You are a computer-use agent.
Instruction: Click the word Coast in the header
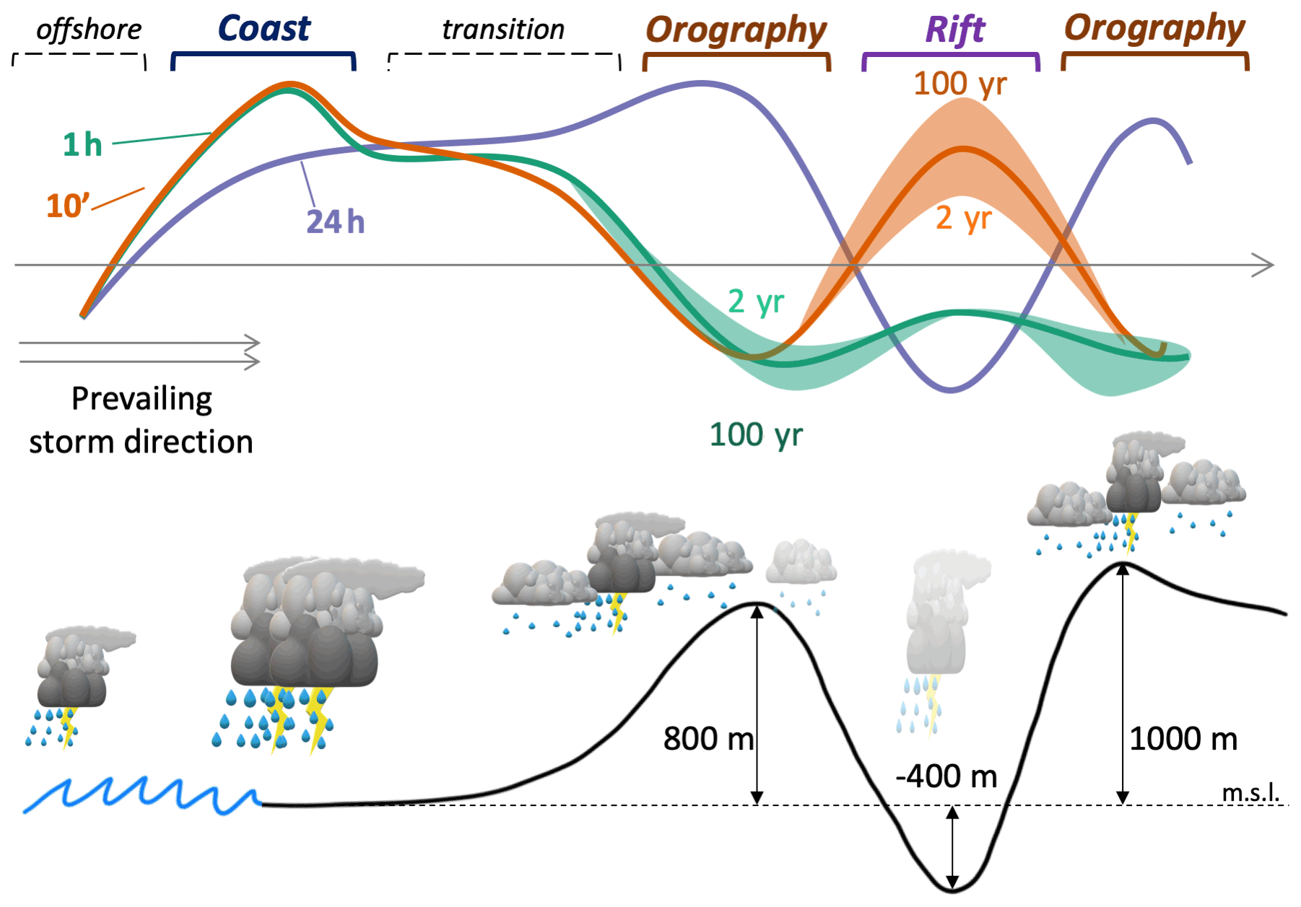[264, 29]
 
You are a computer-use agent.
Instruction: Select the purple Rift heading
[954, 30]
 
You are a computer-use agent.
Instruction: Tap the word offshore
[89, 30]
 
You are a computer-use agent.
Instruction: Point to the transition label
[502, 30]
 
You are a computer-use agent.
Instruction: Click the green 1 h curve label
[82, 145]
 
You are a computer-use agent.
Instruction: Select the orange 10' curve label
[67, 206]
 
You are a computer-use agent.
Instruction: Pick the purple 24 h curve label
[336, 222]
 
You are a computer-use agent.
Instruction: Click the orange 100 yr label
[960, 84]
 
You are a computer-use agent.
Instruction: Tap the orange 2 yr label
[964, 218]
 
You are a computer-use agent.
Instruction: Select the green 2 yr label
[756, 302]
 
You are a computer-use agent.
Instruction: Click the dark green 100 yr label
[756, 435]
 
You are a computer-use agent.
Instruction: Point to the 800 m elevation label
[708, 739]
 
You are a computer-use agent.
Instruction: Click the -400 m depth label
[946, 776]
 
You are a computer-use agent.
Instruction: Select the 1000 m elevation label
[1183, 739]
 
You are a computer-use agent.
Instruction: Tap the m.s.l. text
[1250, 792]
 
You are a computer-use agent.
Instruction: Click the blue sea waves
[141, 795]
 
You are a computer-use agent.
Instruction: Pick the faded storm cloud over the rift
[939, 621]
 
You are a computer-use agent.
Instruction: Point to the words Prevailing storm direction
[142, 420]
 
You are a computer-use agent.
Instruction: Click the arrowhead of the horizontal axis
[1264, 265]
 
